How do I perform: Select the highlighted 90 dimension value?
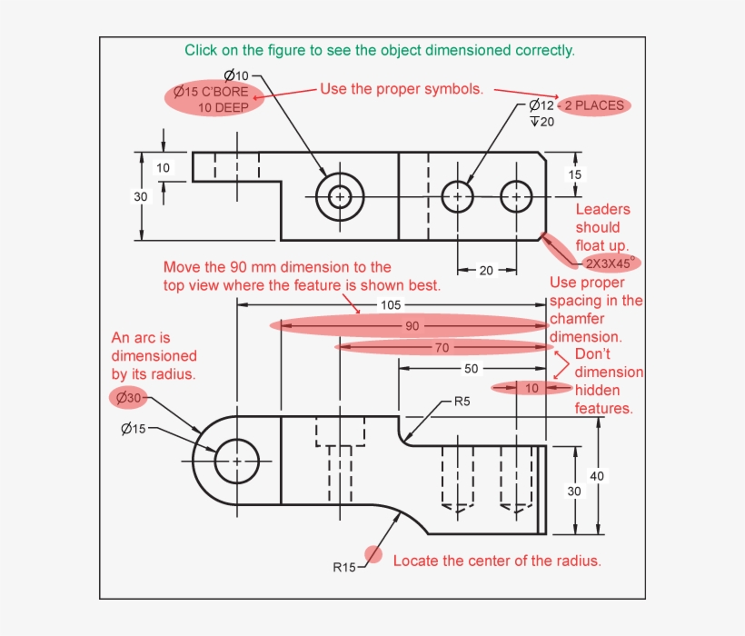(x=412, y=325)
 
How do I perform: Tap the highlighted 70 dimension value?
(x=442, y=347)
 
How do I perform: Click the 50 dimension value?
(x=471, y=369)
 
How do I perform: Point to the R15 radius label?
(x=344, y=568)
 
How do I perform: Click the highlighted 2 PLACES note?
(x=594, y=105)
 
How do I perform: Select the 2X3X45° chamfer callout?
(x=609, y=263)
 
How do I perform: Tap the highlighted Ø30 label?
(x=127, y=397)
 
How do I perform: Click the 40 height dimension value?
(x=597, y=475)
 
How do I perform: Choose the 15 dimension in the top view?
(x=575, y=174)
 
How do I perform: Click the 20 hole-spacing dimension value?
(x=487, y=270)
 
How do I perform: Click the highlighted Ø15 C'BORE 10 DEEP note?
(x=214, y=99)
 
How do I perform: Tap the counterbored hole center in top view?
(x=340, y=195)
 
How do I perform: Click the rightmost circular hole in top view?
(x=516, y=195)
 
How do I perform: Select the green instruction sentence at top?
(x=379, y=51)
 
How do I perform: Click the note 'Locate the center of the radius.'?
(x=497, y=561)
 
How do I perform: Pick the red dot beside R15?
(x=372, y=554)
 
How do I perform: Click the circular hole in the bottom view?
(x=237, y=461)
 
